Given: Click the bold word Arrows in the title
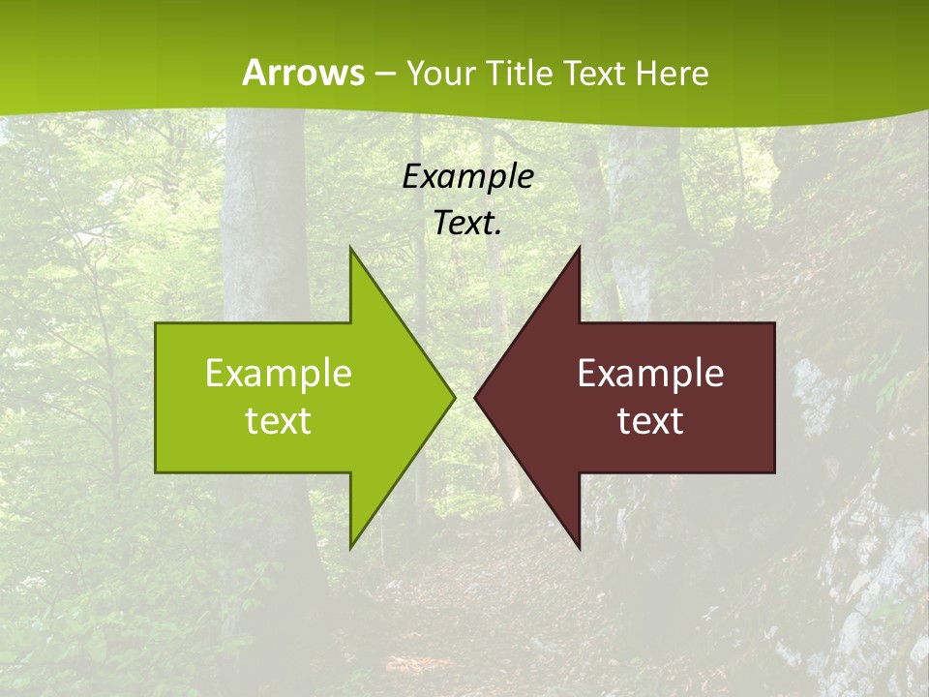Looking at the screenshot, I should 303,73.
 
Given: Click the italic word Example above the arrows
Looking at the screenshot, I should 467,176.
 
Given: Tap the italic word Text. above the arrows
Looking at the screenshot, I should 467,224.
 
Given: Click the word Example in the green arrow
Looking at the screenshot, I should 279,373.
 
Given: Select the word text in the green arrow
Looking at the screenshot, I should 279,420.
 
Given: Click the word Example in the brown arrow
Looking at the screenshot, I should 650,373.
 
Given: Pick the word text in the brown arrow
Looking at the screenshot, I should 650,420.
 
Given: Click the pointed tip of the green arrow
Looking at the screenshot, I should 455,397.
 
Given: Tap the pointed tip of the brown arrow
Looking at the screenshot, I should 475,397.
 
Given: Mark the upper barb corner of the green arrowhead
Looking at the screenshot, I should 350,246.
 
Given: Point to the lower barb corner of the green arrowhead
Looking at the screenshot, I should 350,549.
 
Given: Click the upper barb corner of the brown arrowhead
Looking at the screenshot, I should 580,246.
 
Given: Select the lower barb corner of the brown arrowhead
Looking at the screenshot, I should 580,549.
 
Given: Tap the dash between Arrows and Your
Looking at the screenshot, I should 384,75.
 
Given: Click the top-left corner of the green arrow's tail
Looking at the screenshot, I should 156,323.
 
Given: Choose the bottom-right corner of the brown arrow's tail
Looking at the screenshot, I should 774,472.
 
